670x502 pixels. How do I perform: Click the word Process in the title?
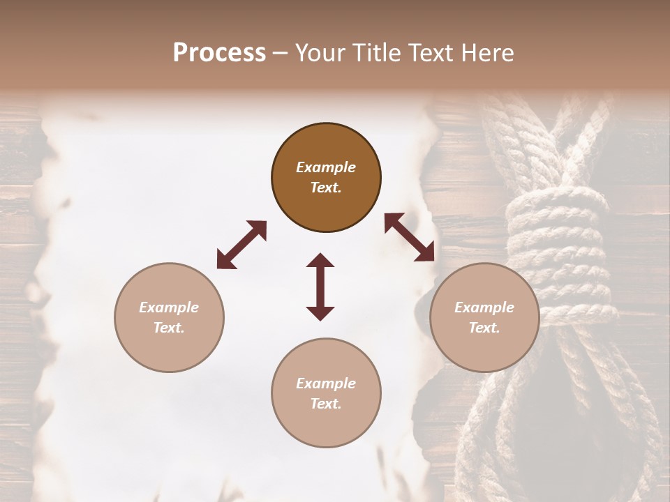(219, 53)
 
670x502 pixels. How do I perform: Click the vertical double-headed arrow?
(320, 287)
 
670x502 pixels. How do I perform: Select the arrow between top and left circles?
(241, 245)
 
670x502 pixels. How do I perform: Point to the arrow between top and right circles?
(410, 238)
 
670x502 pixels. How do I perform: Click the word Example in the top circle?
(326, 167)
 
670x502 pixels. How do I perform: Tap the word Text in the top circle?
(326, 188)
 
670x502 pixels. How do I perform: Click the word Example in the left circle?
(169, 307)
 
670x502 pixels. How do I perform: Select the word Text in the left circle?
(169, 328)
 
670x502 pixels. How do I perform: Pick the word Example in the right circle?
(484, 307)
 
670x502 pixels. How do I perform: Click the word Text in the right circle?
(484, 328)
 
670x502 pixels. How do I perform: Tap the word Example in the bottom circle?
(326, 383)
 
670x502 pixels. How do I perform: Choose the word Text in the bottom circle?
(326, 404)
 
